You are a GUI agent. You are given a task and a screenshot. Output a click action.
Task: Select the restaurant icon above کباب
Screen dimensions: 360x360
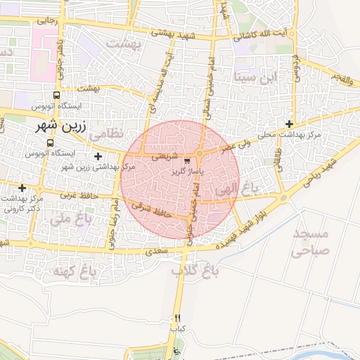pos(177,319)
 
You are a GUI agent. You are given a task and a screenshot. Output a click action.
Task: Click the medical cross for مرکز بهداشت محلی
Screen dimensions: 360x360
pos(289,124)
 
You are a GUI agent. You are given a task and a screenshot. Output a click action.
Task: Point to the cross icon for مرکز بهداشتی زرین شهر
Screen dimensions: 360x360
pos(98,155)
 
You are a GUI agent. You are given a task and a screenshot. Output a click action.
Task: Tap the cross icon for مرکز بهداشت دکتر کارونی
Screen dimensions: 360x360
pos(22,188)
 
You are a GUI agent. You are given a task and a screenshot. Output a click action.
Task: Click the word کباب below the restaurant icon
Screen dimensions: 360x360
pos(177,328)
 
